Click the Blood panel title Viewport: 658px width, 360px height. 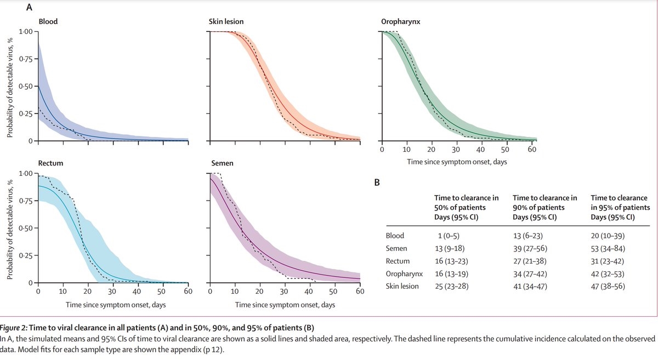48,22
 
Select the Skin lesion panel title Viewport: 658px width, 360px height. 226,22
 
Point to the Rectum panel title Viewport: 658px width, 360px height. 51,164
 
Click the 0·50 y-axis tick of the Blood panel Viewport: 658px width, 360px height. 25,87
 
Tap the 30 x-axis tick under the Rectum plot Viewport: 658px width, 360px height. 113,292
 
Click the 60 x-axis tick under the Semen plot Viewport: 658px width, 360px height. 360,292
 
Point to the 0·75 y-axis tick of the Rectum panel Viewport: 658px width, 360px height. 25,201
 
